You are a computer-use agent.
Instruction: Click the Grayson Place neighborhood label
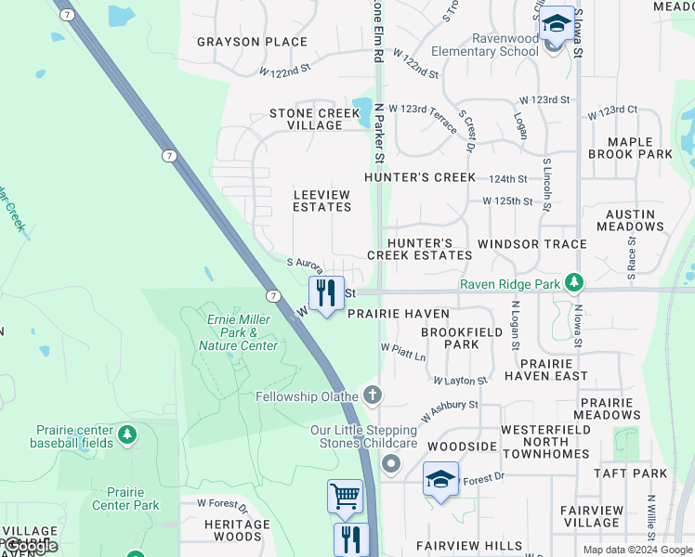coord(252,42)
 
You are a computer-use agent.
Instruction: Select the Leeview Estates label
coord(321,201)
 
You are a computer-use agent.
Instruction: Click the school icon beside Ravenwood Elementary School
coord(557,24)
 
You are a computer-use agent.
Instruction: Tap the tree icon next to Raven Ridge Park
coord(575,280)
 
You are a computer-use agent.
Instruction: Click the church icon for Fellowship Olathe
coord(373,396)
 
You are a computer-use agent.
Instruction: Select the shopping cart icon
coord(345,497)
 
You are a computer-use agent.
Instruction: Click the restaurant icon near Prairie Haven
coord(325,293)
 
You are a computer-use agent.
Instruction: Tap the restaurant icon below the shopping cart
coord(351,539)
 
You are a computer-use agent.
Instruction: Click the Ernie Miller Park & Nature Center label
coord(238,332)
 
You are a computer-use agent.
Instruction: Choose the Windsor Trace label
coord(531,244)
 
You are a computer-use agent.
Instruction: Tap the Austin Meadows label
coord(630,220)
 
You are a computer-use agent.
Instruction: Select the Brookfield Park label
coord(450,338)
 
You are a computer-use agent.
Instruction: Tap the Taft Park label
coord(635,473)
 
